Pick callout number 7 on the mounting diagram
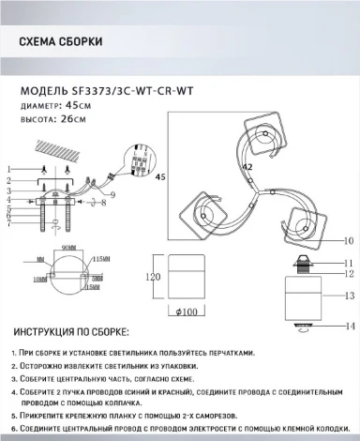[9, 222]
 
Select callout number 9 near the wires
[113, 194]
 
